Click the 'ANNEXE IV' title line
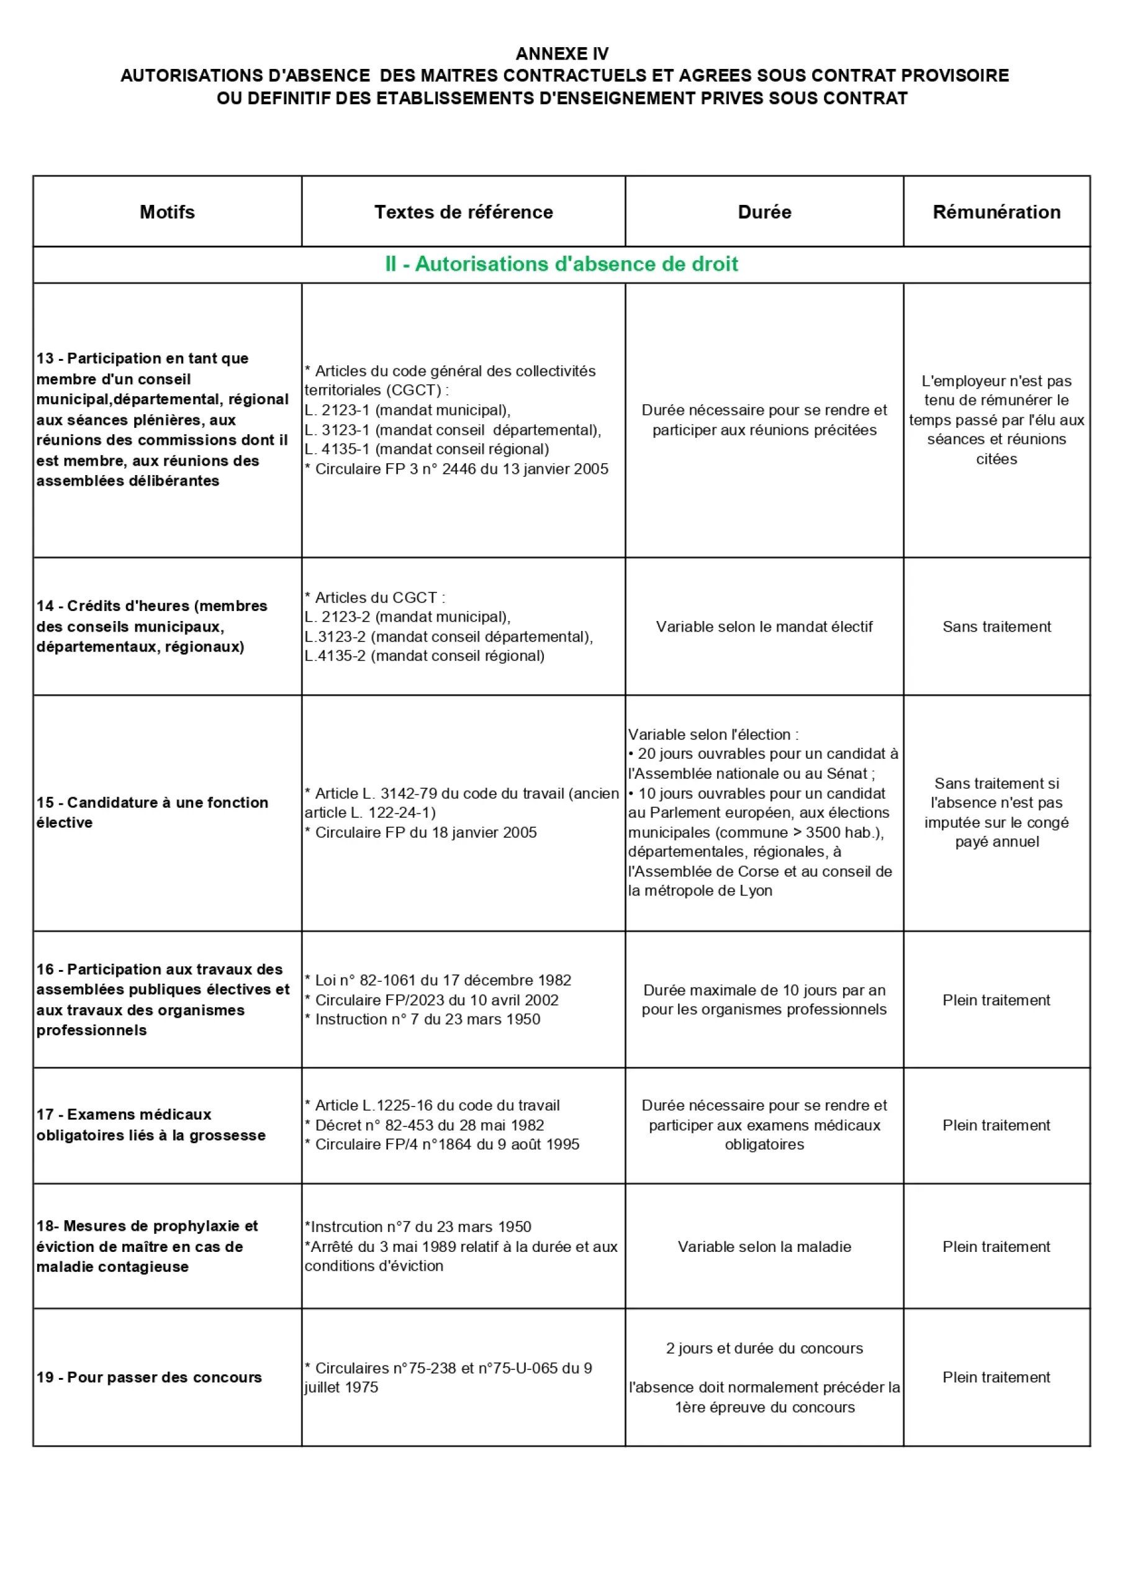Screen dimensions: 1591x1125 tap(562, 53)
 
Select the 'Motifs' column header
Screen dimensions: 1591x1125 tap(167, 212)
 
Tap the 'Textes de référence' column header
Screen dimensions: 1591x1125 tap(463, 212)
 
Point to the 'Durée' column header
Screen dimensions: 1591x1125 tap(764, 212)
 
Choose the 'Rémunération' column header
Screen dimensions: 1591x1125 tap(996, 212)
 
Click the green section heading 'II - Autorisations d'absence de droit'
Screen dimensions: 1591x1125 tap(562, 264)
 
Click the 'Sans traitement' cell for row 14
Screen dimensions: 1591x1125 tap(996, 627)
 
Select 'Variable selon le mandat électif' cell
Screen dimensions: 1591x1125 tap(764, 627)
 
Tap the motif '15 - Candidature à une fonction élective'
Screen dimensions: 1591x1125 tap(152, 812)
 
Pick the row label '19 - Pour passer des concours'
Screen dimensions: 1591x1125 tap(149, 1377)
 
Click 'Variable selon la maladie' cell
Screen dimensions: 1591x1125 tap(764, 1246)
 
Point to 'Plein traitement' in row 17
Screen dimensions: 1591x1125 tap(996, 1125)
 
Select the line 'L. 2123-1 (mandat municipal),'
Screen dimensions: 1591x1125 tap(407, 410)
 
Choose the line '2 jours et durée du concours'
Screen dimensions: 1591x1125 tap(764, 1348)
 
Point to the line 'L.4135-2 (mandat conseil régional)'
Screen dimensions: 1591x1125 tap(425, 656)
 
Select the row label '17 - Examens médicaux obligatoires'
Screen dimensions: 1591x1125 tap(151, 1125)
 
